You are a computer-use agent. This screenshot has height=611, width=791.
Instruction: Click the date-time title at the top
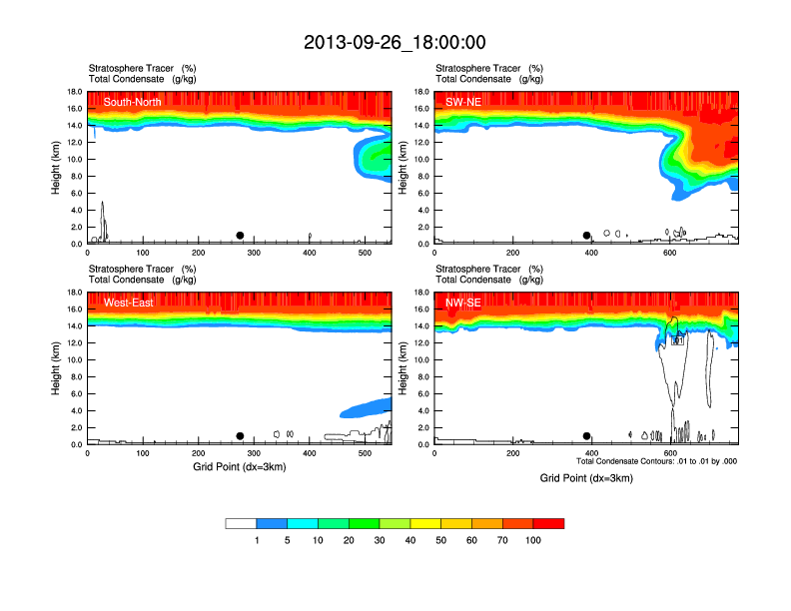click(395, 42)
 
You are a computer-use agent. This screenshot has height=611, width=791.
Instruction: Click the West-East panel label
click(129, 303)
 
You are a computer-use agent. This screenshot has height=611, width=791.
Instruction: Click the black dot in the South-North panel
click(240, 236)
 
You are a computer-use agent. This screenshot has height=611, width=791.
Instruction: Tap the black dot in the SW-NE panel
click(587, 236)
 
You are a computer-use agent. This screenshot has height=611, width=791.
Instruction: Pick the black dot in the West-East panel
click(240, 436)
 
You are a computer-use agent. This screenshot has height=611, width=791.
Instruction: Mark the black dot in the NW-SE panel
click(587, 436)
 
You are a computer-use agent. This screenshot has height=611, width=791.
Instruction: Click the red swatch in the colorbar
click(548, 523)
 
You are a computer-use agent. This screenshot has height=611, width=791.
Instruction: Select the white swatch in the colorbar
click(241, 523)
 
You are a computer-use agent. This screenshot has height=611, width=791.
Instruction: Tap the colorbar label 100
click(533, 540)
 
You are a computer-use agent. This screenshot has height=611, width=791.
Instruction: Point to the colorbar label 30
click(380, 540)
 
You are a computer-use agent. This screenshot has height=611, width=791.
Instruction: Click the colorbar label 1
click(257, 540)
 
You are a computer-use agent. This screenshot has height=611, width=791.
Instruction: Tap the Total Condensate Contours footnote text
click(656, 462)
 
